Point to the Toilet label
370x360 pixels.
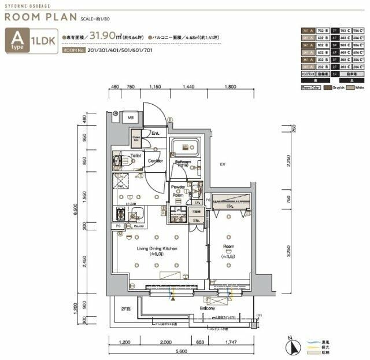point(136,156)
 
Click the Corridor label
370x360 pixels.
point(154,160)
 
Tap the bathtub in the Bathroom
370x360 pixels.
point(185,147)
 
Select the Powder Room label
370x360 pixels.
point(178,192)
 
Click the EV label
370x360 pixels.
point(221,166)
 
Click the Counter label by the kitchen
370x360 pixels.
point(139,226)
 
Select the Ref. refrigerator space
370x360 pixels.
point(122,186)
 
